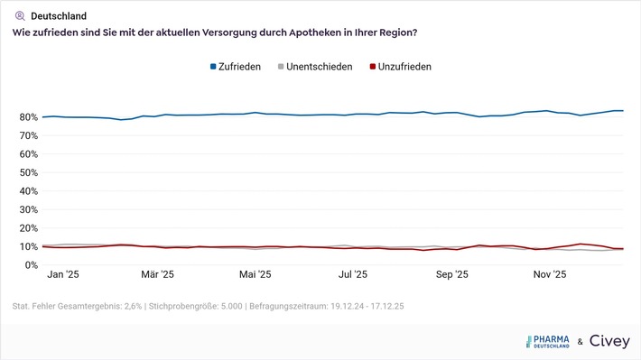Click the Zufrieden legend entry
pyautogui.click(x=239, y=67)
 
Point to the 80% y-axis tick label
pyautogui.click(x=24, y=117)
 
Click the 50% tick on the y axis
pyautogui.click(x=24, y=172)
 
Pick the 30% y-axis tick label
pyautogui.click(x=24, y=210)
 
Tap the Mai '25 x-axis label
pyautogui.click(x=255, y=274)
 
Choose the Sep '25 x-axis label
pyautogui.click(x=451, y=274)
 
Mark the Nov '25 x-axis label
pyautogui.click(x=549, y=274)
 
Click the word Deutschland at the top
pyautogui.click(x=59, y=15)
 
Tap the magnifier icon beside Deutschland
pyautogui.click(x=20, y=15)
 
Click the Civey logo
pyautogui.click(x=609, y=341)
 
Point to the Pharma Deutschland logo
pyautogui.click(x=548, y=341)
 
